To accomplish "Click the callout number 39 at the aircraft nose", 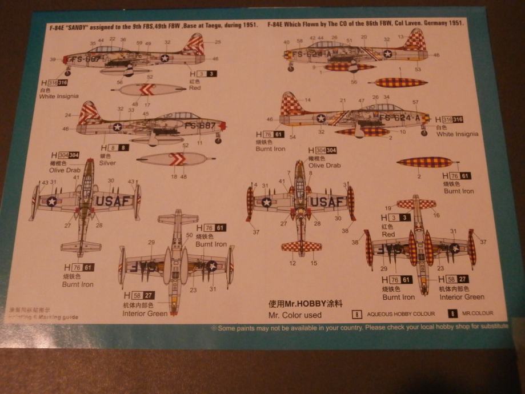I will point(53,59).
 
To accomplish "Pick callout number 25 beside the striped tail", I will point(218,42).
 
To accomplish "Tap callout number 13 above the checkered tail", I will point(400,38).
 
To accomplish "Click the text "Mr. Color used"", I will point(295,315).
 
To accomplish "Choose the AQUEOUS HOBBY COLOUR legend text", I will point(400,313).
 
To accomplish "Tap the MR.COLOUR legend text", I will point(478,313).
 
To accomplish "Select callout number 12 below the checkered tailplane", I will point(292,263).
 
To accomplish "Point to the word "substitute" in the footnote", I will point(491,326).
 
